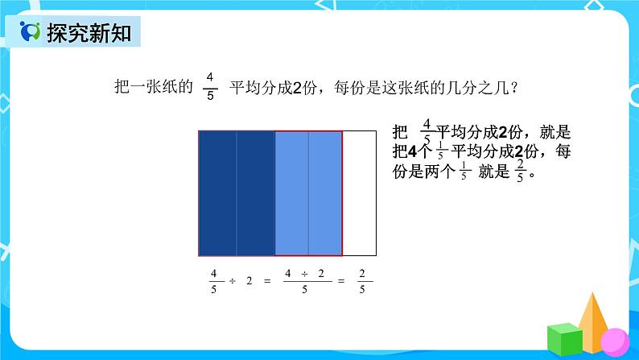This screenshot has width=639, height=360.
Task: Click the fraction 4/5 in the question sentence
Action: (x=210, y=86)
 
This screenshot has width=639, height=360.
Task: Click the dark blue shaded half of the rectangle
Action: (x=237, y=192)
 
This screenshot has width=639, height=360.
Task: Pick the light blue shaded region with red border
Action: (x=309, y=192)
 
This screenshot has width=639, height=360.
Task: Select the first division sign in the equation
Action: (x=232, y=281)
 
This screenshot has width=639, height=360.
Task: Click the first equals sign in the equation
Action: (x=266, y=281)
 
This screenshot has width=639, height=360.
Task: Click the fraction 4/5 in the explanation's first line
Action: (x=427, y=130)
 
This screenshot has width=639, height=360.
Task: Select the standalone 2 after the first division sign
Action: (x=249, y=281)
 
